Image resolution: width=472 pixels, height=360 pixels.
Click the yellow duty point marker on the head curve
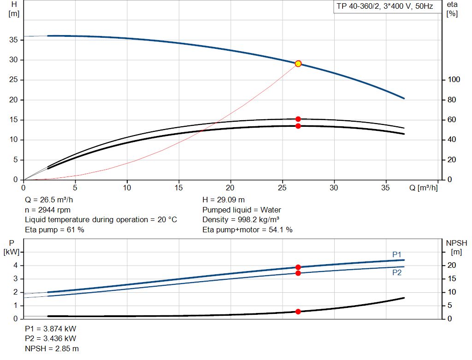coord(298,64)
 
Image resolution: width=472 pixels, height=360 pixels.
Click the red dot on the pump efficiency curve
coord(298,119)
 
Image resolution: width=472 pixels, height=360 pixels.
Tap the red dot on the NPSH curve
coord(298,312)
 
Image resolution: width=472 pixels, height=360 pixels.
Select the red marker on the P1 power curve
coord(298,267)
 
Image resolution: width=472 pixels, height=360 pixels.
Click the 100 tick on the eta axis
coord(454,80)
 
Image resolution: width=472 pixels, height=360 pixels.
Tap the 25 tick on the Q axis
coord(283,188)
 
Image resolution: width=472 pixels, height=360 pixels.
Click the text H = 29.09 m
coord(224,200)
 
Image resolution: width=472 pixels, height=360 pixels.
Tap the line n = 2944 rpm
coord(48,210)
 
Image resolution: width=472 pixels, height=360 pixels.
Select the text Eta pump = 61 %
coord(54,229)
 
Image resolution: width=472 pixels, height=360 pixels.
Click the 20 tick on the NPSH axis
coord(453,265)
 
